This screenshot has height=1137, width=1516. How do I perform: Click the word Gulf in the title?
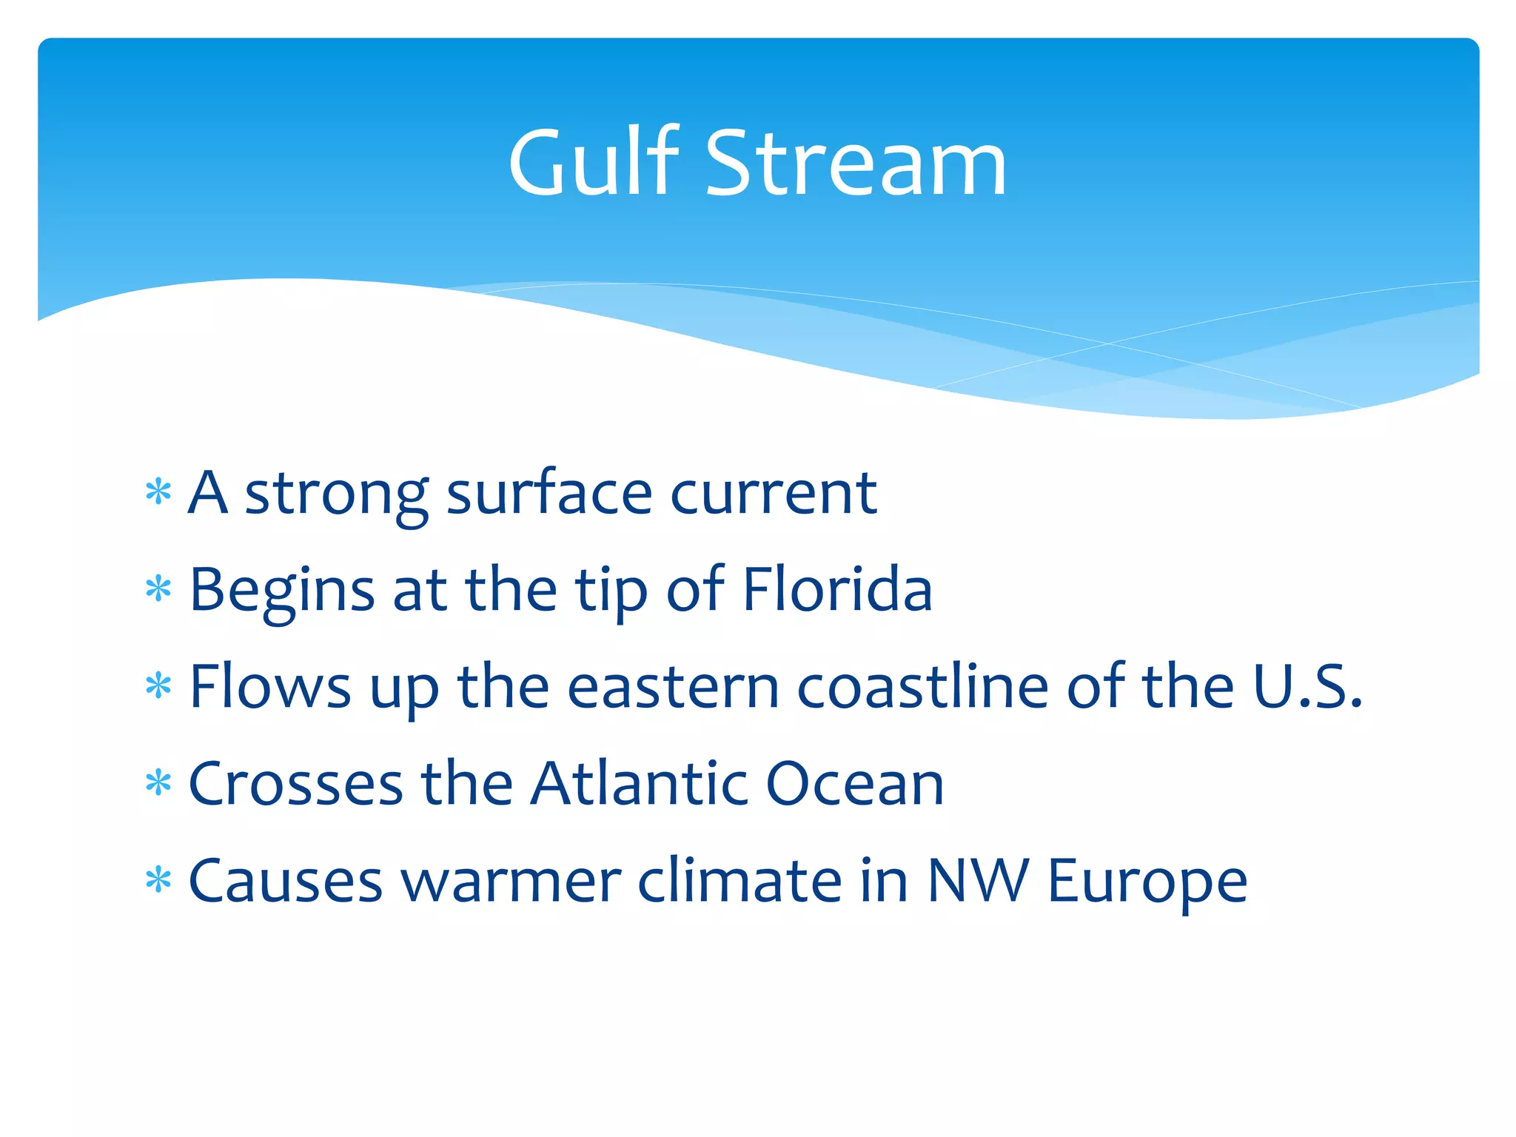tap(593, 163)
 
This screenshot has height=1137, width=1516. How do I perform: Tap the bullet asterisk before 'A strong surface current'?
tap(158, 492)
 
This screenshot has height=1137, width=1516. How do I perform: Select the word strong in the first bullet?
tap(336, 494)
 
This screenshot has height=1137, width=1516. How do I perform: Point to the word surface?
tap(549, 493)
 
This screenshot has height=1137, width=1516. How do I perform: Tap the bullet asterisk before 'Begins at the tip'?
tap(158, 590)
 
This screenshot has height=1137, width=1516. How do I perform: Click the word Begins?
tap(282, 591)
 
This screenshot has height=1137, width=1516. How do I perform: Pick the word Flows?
tap(270, 687)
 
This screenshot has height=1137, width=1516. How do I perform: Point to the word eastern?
tap(673, 687)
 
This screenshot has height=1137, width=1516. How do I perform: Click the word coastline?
tap(922, 687)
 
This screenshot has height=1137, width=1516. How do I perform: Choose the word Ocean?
tap(854, 784)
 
